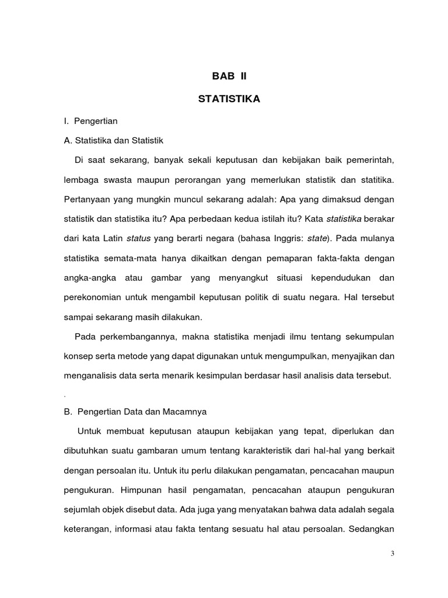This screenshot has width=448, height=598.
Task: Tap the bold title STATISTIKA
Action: pyautogui.click(x=229, y=100)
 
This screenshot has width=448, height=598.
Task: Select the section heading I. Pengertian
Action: pyautogui.click(x=91, y=121)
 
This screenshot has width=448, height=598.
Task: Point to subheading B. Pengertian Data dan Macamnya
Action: pyautogui.click(x=135, y=412)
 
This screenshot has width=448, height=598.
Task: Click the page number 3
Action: pyautogui.click(x=393, y=554)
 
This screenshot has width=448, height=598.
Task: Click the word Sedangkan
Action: pyautogui.click(x=371, y=529)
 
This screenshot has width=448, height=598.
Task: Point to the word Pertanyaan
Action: pyautogui.click(x=88, y=199)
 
